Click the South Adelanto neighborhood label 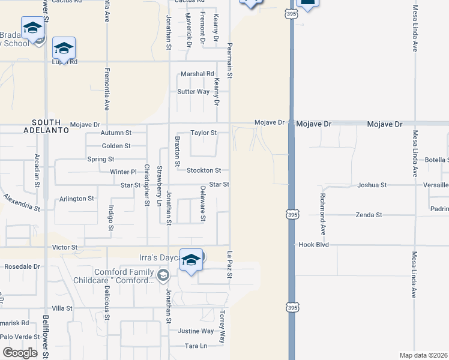coord(43,125)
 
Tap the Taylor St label coord(203,133)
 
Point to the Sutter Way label coord(193,92)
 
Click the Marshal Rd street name coord(197,74)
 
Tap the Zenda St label coord(369,215)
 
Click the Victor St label coord(65,247)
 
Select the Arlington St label coord(77,199)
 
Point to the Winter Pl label coord(124,172)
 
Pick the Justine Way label coord(196,331)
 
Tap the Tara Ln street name coord(196,346)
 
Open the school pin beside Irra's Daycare coord(191,260)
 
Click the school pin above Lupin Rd coord(63,48)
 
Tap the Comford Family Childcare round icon coord(163,275)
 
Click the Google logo coord(20,353)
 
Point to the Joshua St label coord(370,185)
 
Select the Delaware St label coord(203,203)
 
